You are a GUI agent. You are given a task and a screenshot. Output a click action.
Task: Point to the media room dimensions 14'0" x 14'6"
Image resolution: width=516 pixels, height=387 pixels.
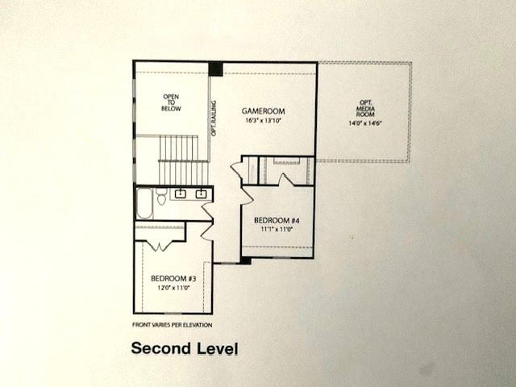364,123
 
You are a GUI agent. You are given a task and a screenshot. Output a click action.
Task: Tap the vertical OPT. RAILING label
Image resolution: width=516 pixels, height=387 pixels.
214,118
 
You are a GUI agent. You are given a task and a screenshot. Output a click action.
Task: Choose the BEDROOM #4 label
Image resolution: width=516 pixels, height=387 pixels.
277,219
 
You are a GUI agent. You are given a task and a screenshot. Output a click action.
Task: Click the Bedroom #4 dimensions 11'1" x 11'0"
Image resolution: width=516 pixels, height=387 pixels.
276,229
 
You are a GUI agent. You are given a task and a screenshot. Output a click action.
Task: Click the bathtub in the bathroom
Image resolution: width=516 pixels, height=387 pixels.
144,203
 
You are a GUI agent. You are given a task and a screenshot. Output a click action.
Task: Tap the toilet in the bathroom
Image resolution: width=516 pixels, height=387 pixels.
161,196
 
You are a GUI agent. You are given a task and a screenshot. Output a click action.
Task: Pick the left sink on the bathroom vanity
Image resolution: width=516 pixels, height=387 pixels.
181,194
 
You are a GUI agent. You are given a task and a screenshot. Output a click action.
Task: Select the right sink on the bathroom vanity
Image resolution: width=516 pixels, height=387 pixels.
201,194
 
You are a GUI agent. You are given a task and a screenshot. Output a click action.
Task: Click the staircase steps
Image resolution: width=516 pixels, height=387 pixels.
177,160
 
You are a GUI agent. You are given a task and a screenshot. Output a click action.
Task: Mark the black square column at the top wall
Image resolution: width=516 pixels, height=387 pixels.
215,69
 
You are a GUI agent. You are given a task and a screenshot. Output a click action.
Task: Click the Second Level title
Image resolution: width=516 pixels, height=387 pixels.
185,349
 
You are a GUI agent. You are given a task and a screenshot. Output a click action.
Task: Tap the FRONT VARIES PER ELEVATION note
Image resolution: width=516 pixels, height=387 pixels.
173,325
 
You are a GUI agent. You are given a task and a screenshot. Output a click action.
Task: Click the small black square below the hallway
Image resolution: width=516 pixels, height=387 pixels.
246,260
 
